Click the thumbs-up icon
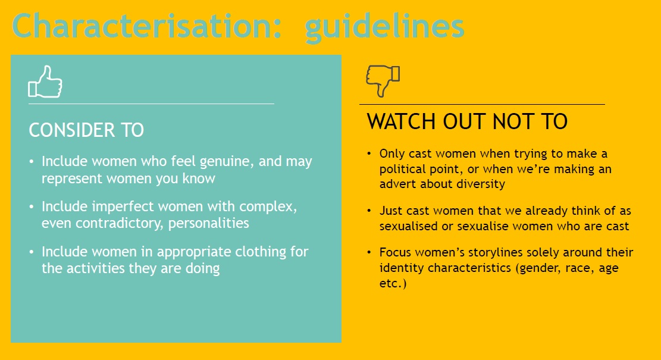pyautogui.click(x=45, y=82)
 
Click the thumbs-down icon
pyautogui.click(x=383, y=81)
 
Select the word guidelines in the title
pyautogui.click(x=384, y=27)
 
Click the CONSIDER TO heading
pyautogui.click(x=86, y=130)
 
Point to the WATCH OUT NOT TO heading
pyautogui.click(x=467, y=121)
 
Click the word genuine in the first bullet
pyautogui.click(x=226, y=162)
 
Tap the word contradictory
pyautogui.click(x=119, y=223)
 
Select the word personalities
pyautogui.click(x=209, y=223)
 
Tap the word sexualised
pyautogui.click(x=409, y=226)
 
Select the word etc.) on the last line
pyautogui.click(x=393, y=283)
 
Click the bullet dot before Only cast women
pyautogui.click(x=369, y=154)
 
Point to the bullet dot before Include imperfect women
pyautogui.click(x=32, y=207)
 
